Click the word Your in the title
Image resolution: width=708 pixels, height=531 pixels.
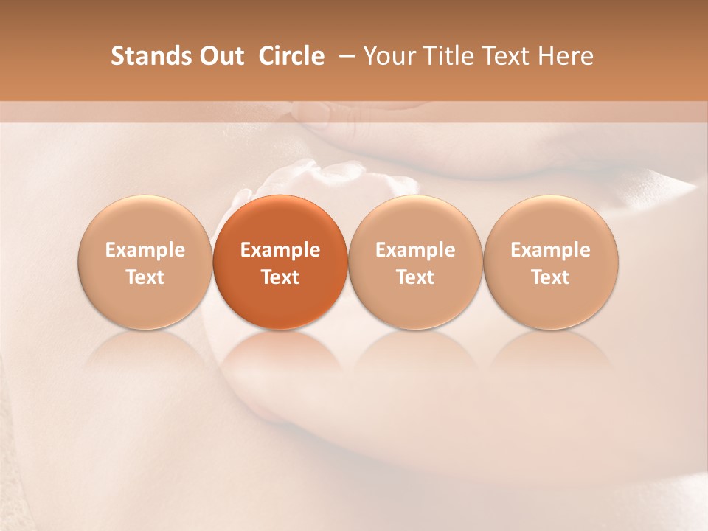[x=389, y=56]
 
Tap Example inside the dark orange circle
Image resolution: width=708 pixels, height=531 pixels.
[x=280, y=250]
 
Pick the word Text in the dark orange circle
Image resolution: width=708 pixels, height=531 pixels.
[x=280, y=277]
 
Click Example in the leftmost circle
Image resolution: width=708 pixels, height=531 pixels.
[x=145, y=250]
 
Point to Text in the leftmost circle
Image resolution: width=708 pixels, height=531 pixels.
[x=145, y=277]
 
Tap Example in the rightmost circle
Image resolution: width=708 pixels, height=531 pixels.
[x=551, y=250]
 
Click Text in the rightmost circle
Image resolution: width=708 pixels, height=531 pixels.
[x=551, y=277]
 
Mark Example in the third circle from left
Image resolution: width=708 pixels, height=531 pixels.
[x=415, y=250]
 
